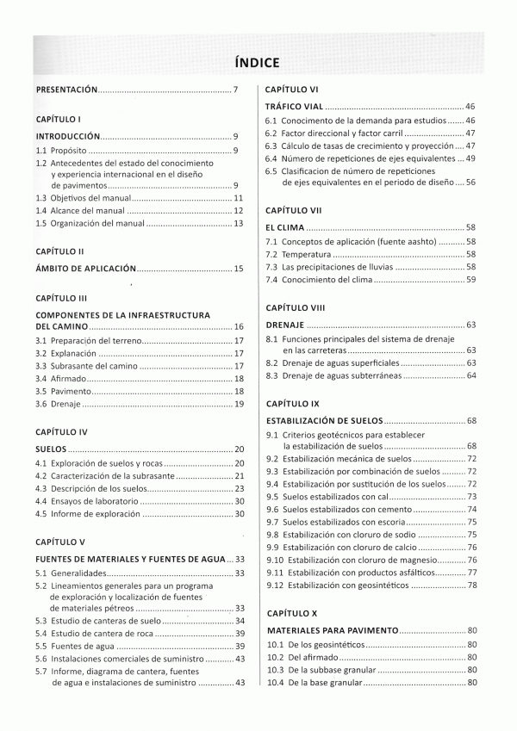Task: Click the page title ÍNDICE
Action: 258,61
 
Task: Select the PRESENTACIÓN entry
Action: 67,90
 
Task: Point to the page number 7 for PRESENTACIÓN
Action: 235,90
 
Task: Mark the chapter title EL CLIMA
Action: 284,226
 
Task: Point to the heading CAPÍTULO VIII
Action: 295,307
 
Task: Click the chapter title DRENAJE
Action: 285,325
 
